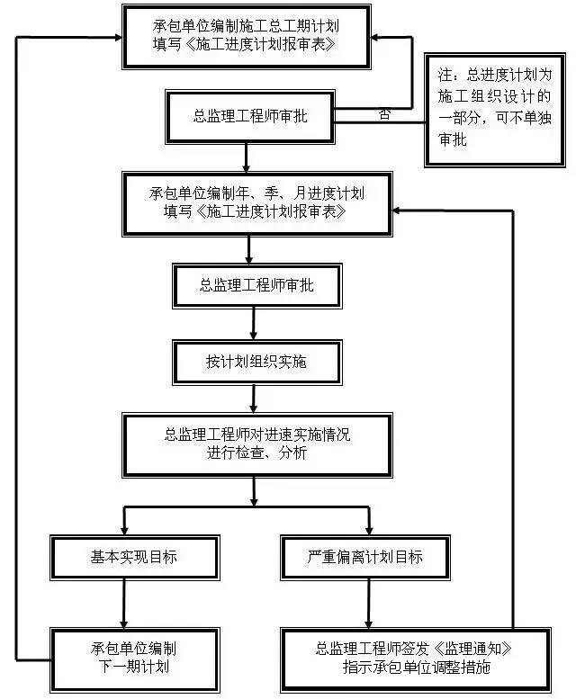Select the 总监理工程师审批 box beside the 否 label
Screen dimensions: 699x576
[x=249, y=115]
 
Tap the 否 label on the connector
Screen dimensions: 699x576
[x=384, y=114]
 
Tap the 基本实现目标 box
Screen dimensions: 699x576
[x=133, y=557]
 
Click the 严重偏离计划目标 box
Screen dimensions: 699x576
[x=364, y=557]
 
